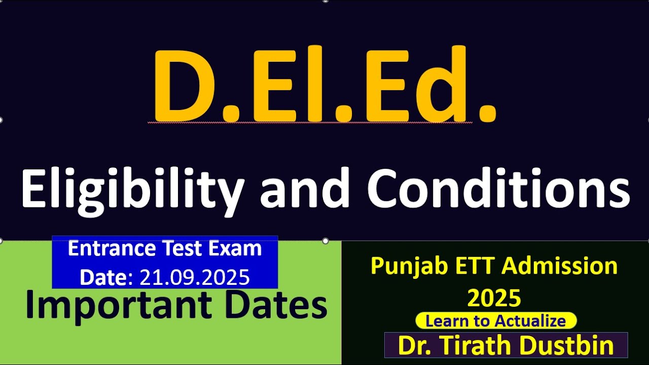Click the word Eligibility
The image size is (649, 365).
[x=132, y=189]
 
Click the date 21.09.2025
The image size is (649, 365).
[x=195, y=277]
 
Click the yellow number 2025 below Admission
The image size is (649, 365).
[x=494, y=298]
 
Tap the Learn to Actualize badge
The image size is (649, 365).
[x=496, y=320]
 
